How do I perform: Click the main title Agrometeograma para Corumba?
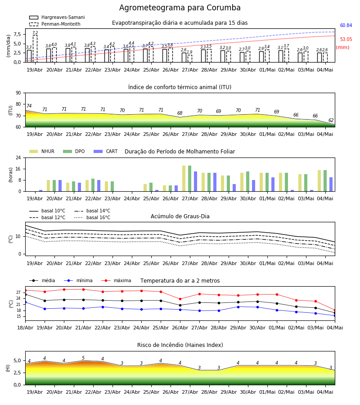coord(180,8)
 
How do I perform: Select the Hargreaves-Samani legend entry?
coord(57,17)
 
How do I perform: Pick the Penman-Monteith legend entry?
coord(55,24)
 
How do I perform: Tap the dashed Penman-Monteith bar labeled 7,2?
coord(35,49)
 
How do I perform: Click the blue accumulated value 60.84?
coord(346,25)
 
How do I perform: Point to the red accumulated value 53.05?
coord(346,39)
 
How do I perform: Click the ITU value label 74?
coord(29,106)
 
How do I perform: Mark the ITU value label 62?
coord(331,120)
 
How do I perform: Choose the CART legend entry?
coord(106,151)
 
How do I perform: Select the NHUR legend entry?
coord(42,151)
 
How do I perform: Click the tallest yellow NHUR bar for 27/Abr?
coord(184,179)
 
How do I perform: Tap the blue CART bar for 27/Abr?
coord(195,181)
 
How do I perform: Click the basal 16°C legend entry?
coord(92,217)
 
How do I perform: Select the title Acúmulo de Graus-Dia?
coord(180,216)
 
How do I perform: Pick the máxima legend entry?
coord(116,280)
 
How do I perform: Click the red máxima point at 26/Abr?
coord(180,299)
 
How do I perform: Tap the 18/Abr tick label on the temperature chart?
coord(25,328)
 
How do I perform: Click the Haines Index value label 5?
coord(83,358)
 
